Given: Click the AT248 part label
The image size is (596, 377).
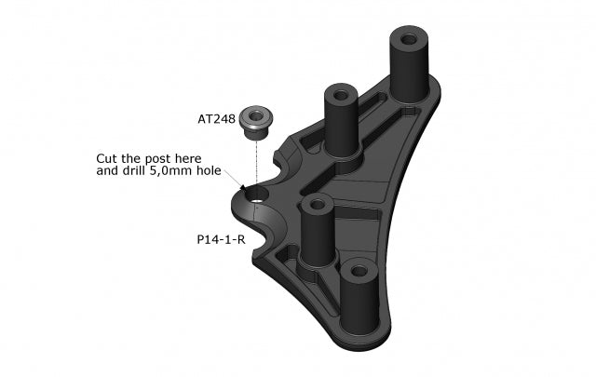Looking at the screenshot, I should pos(216,119).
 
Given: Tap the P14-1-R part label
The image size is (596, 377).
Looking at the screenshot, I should pos(221,239).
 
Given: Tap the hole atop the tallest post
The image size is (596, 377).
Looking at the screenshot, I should pos(408,41).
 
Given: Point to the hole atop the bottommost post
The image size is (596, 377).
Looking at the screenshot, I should pos(359,271).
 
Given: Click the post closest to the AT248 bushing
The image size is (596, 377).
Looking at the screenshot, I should pos(341,121).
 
